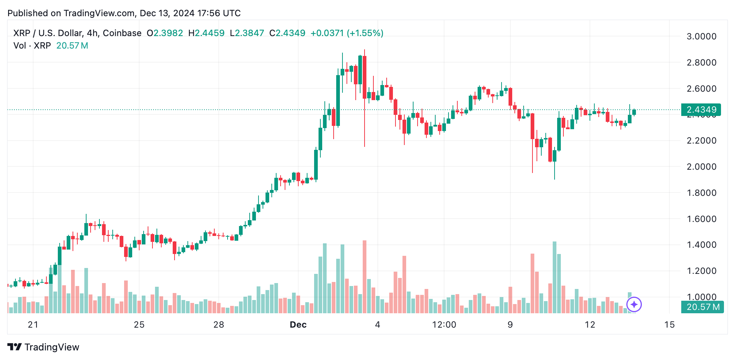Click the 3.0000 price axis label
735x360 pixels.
coord(701,36)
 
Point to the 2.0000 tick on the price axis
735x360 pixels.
coord(701,167)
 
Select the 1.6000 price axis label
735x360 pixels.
coord(701,219)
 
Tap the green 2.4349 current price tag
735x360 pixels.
coord(701,110)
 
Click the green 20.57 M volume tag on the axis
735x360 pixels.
coord(703,307)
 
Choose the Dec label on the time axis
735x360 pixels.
coord(298,325)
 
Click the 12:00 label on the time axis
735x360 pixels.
coord(444,325)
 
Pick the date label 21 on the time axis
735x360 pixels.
coord(33,325)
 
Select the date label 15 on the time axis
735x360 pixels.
coord(669,325)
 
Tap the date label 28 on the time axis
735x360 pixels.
coord(219,325)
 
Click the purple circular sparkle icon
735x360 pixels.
coord(634,304)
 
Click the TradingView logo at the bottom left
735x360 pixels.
coord(43,347)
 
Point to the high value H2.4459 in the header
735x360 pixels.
coord(206,33)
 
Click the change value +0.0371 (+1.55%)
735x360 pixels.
coord(347,33)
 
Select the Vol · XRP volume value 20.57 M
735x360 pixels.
coord(72,46)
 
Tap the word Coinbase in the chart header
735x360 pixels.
coord(122,33)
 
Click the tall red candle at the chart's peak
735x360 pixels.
coord(365,77)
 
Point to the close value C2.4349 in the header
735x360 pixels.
coord(287,33)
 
